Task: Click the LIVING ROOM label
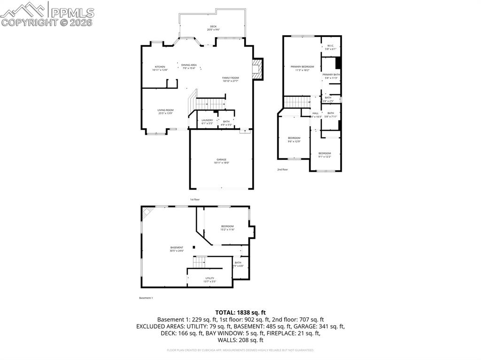tap(165, 111)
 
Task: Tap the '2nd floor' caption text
tap(282, 169)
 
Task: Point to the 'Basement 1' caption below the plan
tap(146, 298)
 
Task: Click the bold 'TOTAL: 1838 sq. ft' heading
tap(240, 312)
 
